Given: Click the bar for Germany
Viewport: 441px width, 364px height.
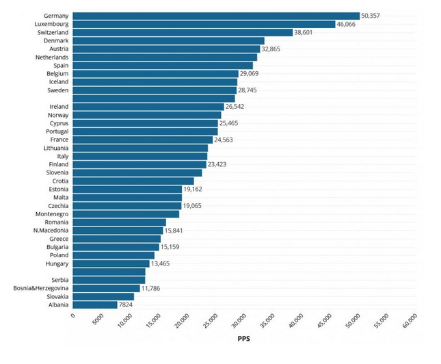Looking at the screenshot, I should click(x=215, y=16).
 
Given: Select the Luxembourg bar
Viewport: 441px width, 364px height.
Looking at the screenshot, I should click(x=204, y=24).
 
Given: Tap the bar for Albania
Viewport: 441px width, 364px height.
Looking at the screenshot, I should click(x=95, y=304).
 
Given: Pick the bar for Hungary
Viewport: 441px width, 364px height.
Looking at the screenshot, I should click(x=111, y=263).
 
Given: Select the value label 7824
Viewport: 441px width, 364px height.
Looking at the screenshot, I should click(x=126, y=304).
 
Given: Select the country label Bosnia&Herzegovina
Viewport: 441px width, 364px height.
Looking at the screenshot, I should click(x=40, y=288).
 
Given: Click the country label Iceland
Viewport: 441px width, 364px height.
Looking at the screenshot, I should click(x=59, y=81).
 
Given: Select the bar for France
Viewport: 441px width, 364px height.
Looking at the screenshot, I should click(x=143, y=140).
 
